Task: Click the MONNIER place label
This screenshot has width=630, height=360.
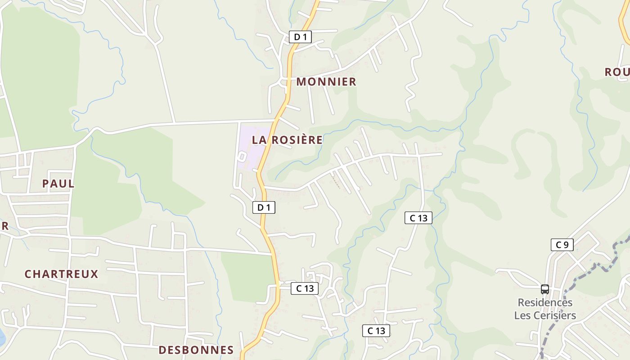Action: [326, 81]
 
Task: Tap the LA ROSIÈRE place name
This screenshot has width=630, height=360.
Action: [287, 139]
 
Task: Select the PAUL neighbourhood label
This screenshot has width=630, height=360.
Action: [58, 184]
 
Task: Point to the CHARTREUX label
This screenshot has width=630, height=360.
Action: [61, 274]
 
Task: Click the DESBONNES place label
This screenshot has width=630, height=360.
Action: [196, 350]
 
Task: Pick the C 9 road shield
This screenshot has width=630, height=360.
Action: [562, 245]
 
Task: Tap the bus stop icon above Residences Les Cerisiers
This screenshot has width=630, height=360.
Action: [544, 289]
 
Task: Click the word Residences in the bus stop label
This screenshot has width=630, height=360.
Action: [544, 302]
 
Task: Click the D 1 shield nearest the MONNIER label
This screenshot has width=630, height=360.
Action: [300, 37]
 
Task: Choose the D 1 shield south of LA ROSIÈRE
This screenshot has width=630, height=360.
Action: [264, 207]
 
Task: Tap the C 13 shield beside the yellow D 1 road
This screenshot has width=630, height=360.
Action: [305, 288]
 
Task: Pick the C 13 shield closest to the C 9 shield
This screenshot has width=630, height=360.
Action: [418, 218]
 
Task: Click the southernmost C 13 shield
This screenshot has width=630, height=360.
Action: [376, 331]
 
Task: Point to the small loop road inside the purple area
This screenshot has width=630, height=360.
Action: [242, 157]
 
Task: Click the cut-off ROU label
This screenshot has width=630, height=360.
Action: [616, 72]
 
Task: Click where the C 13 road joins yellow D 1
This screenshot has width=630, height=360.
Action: [279, 283]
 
